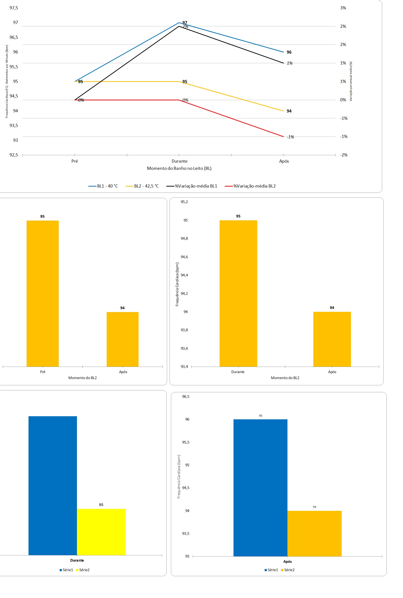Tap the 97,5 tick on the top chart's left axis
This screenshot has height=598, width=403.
click(14, 8)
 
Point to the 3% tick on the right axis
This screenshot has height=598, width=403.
click(343, 8)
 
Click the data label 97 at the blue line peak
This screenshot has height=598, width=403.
click(185, 23)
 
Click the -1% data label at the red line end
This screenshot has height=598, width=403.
click(290, 137)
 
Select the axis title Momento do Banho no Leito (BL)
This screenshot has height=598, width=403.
click(179, 168)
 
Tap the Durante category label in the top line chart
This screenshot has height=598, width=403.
click(179, 161)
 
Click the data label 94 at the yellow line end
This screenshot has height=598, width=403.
click(289, 111)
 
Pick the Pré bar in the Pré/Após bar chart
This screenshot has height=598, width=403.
click(43, 293)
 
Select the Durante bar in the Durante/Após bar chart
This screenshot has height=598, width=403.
click(238, 293)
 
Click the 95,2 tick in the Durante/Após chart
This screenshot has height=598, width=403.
click(184, 202)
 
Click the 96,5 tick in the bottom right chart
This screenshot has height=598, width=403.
click(186, 396)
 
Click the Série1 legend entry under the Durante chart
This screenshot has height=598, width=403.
click(66, 570)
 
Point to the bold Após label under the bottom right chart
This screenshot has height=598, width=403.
click(287, 562)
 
